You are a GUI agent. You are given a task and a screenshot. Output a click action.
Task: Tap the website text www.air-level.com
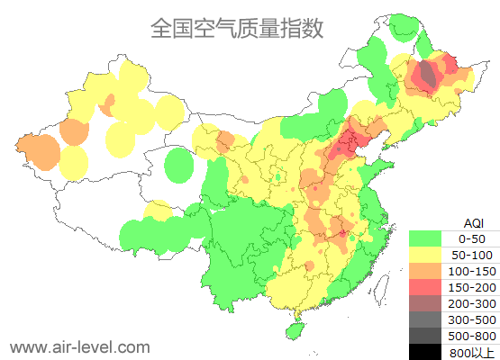point(79,346)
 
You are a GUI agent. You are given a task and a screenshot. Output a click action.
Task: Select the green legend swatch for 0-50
point(425,238)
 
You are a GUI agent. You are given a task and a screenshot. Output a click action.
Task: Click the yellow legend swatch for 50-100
point(425,255)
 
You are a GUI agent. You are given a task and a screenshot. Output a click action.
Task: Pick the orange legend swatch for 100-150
point(425,271)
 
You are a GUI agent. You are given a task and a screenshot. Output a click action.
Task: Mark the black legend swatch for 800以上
point(425,352)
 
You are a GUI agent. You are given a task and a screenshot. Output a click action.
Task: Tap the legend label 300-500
point(472,319)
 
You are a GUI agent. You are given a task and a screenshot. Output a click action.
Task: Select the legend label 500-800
point(472,336)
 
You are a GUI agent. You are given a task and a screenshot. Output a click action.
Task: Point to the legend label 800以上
point(472,352)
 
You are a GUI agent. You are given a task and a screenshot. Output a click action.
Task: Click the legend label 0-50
point(472,238)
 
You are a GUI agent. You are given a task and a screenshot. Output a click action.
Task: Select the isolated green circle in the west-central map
point(180,166)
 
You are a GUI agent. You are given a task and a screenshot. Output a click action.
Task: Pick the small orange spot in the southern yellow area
point(308,265)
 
